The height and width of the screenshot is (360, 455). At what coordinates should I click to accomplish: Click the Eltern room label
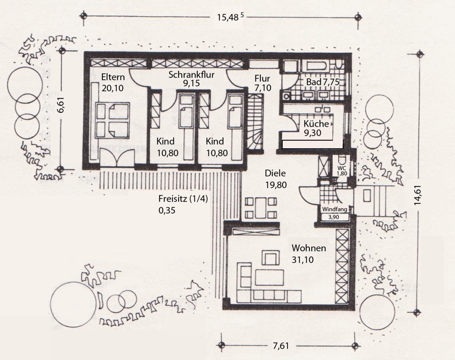point(113,77)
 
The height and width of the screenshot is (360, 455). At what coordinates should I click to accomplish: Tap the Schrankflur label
point(191,74)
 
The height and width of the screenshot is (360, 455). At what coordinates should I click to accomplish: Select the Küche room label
point(317,124)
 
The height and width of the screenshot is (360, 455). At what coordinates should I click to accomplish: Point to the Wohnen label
point(309,248)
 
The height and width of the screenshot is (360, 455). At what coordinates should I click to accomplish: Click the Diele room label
point(275,173)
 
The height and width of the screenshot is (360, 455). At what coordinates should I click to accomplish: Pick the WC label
point(342,168)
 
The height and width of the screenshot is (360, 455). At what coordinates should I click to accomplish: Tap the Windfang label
point(335,209)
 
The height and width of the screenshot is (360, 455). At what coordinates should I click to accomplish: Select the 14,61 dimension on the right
point(418,195)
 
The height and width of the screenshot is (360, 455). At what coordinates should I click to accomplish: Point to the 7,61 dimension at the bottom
point(281,346)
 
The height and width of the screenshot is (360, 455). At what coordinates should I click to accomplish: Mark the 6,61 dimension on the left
point(62,106)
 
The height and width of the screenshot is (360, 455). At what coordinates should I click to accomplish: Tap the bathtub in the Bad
point(316,66)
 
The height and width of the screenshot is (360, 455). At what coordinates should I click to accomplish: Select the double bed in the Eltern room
point(112,120)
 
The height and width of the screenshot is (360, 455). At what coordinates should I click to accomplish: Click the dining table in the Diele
point(261,208)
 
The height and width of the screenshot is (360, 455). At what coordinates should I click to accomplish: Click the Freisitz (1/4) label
point(183,199)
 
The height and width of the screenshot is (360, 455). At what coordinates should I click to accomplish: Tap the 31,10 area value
point(303,260)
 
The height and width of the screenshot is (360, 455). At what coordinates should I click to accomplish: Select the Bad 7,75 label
point(323,82)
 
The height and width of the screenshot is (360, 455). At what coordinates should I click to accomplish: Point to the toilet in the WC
point(342,160)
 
